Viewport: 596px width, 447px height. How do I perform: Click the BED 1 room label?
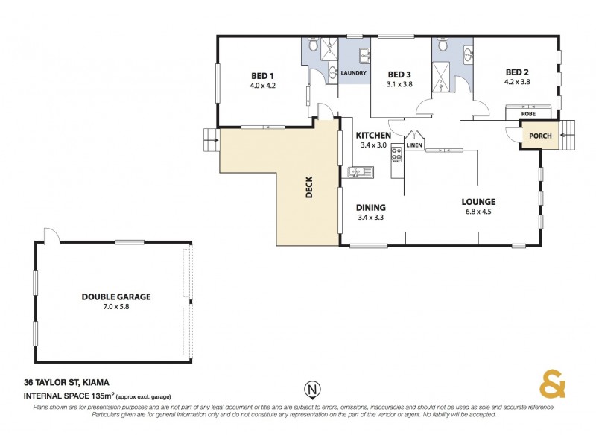262,76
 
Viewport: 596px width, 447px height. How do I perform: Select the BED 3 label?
399,74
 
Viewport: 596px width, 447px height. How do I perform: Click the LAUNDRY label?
352,73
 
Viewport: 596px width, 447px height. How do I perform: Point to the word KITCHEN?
373,135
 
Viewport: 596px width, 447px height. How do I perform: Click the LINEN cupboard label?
415,145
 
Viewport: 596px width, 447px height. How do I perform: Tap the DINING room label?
371,207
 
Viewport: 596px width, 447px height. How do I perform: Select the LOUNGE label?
478,201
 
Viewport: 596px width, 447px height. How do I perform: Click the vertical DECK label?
309,187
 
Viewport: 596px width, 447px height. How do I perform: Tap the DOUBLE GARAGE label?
116,297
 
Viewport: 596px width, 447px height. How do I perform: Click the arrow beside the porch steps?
564,135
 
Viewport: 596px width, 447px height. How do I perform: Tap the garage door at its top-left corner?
50,235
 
